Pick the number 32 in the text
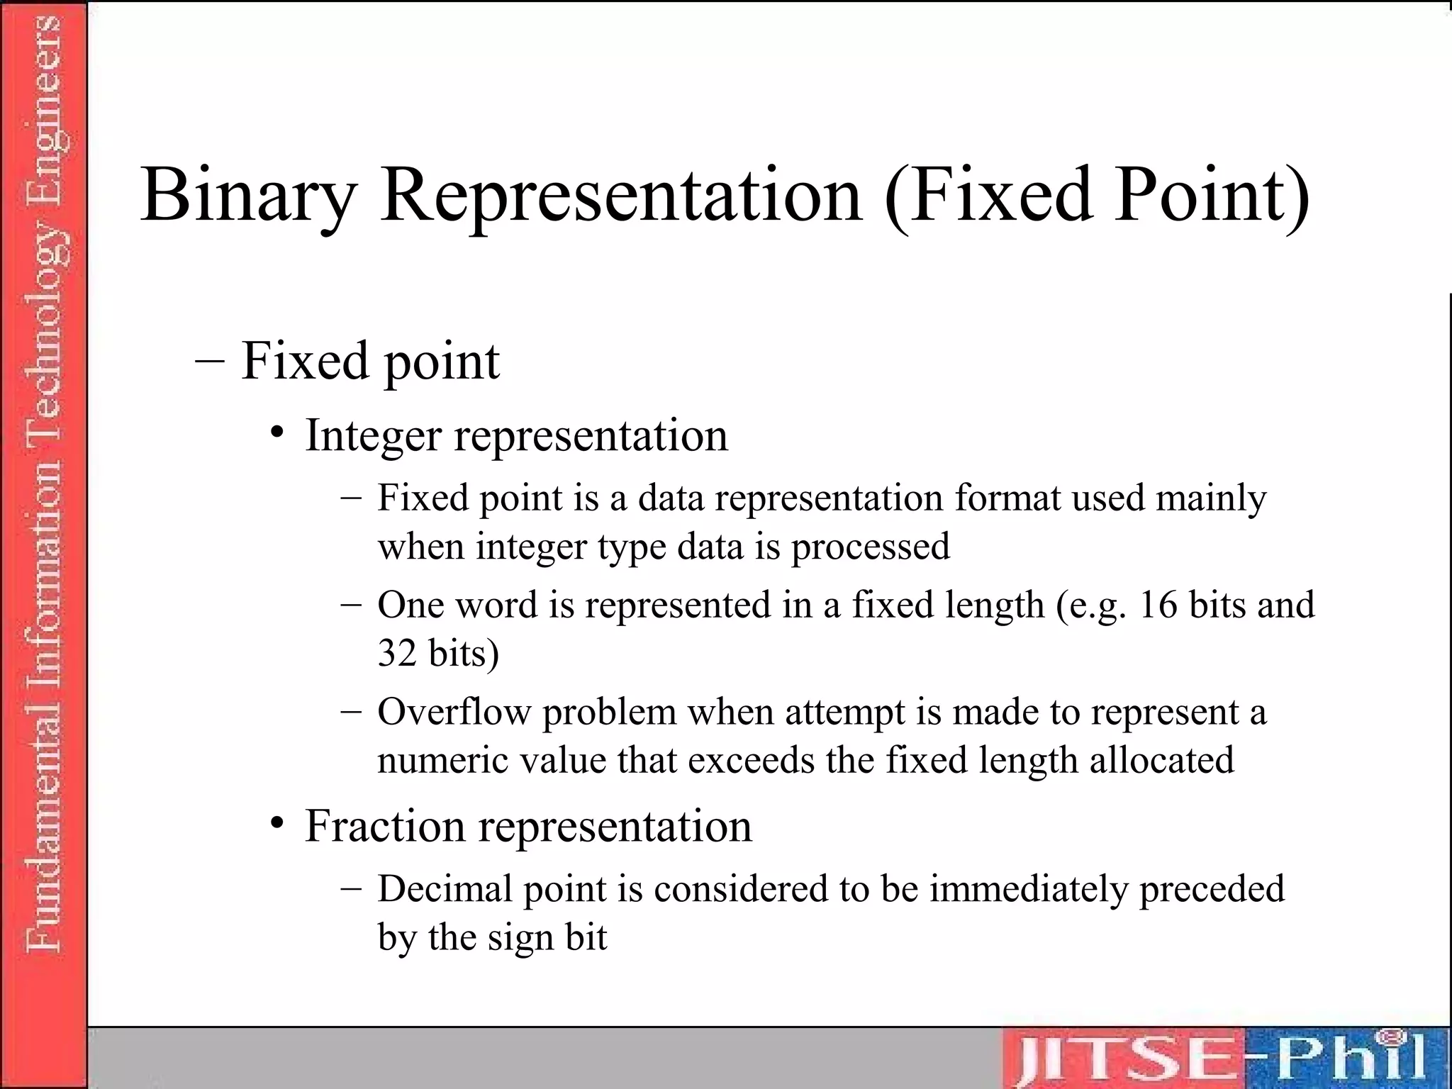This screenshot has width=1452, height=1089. (x=396, y=653)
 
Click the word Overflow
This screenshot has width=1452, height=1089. (x=454, y=712)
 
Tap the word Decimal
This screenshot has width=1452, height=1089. (x=445, y=889)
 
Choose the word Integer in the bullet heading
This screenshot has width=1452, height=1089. (x=373, y=435)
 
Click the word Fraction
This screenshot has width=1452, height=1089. (x=384, y=826)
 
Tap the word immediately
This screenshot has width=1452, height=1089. (x=1028, y=889)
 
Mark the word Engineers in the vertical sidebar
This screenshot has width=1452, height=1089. (x=44, y=85)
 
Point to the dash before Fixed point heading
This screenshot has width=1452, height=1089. (x=209, y=360)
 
